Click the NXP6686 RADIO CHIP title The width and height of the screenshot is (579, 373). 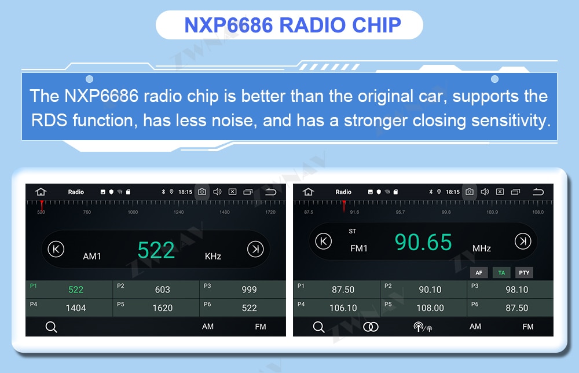coord(292,25)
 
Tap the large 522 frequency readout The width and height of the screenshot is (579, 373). coord(156,250)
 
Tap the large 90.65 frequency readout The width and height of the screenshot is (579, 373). coord(423,242)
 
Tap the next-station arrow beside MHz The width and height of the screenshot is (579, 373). coord(522,241)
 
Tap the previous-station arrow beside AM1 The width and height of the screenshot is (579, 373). coord(56,249)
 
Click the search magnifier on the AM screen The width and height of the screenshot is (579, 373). coord(51,327)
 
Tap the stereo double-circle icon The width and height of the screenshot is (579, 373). coord(371,327)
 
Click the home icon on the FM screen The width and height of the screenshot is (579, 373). coord(308,192)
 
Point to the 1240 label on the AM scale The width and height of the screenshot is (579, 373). coord(179,212)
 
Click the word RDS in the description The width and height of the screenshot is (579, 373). coord(49,120)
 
